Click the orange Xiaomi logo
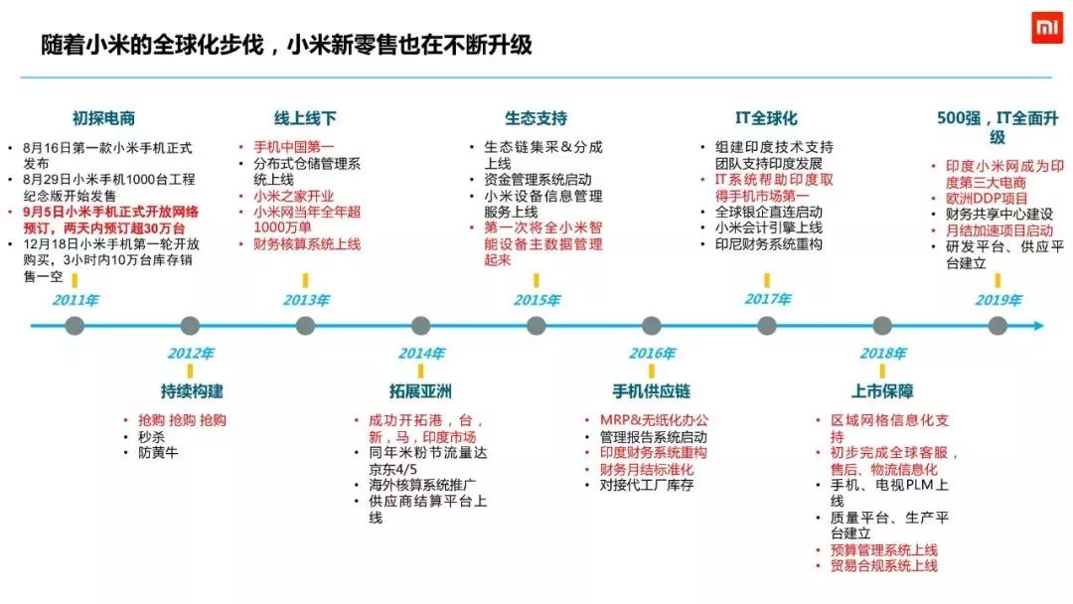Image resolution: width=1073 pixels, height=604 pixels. (1045, 30)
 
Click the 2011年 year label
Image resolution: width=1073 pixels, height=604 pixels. (75, 300)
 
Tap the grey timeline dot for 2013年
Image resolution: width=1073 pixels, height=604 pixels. (305, 325)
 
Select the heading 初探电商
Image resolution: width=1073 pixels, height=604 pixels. (103, 119)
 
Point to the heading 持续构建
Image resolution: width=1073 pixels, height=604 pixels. (192, 390)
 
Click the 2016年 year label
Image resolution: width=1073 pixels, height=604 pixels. (652, 354)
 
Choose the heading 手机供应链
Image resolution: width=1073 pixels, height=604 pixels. (652, 390)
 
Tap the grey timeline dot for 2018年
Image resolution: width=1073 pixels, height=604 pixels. (882, 325)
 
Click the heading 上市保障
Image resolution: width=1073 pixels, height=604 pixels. (882, 390)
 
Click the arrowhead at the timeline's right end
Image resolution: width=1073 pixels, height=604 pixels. (1038, 325)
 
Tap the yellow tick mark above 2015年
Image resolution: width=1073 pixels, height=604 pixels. (536, 280)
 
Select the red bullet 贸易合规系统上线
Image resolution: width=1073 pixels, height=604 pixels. (884, 565)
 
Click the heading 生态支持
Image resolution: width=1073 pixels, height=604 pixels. (536, 119)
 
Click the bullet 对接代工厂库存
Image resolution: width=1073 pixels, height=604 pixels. (646, 485)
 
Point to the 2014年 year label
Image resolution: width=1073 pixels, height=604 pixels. (421, 354)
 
